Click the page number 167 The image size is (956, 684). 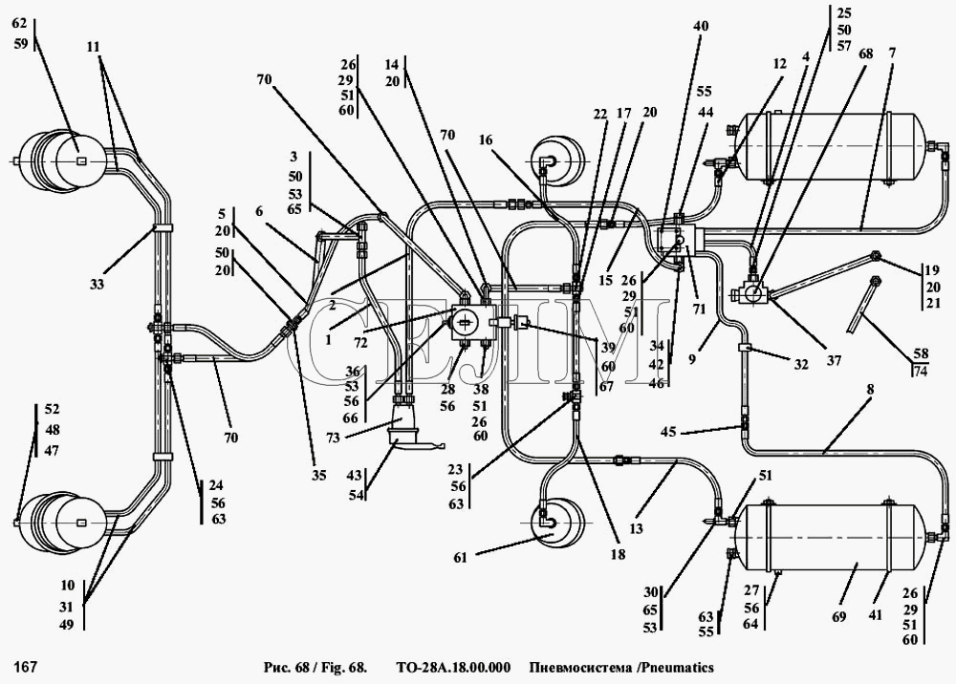point(26,668)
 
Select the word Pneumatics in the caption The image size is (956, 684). point(677,667)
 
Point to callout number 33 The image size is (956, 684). point(98,284)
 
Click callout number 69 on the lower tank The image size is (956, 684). point(839,616)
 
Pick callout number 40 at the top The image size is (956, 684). point(701,26)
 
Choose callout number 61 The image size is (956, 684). point(460,557)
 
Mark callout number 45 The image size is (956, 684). point(669,432)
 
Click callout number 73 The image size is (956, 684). point(333,437)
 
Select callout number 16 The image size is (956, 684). point(486,139)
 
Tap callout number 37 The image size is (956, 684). point(834,360)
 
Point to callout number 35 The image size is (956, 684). point(319,475)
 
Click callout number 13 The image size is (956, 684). point(636,528)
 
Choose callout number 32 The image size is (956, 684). point(800,364)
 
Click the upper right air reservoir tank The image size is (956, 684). point(833,146)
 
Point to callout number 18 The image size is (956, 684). point(618,555)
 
